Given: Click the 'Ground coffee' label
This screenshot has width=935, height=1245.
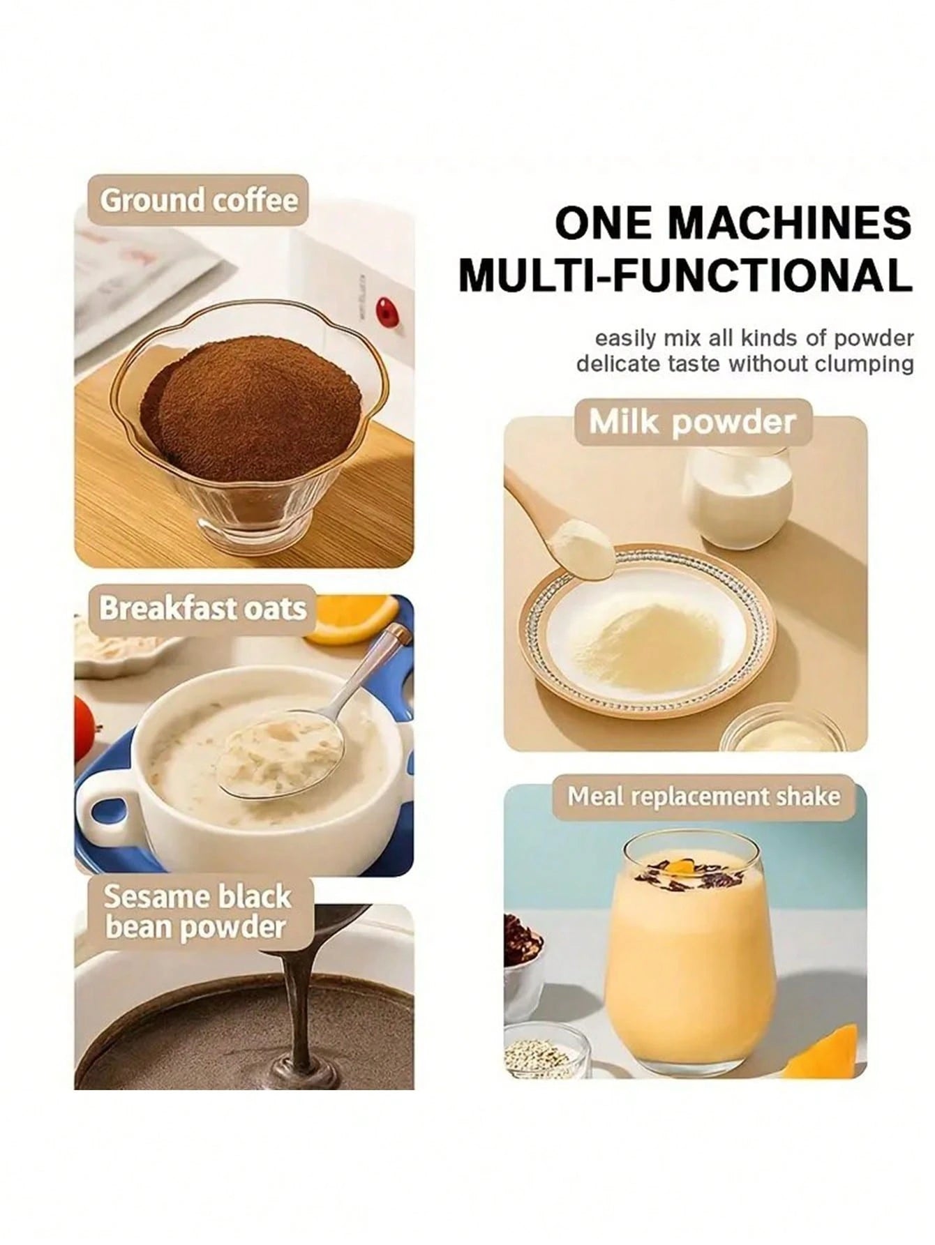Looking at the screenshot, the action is [198, 200].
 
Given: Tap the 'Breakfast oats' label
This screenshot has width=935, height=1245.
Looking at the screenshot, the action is [202, 608].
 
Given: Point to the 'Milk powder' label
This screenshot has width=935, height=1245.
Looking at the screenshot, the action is [693, 422].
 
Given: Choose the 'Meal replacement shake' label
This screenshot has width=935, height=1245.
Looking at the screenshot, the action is [703, 797].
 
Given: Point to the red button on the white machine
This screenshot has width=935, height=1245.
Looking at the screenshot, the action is [384, 308].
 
